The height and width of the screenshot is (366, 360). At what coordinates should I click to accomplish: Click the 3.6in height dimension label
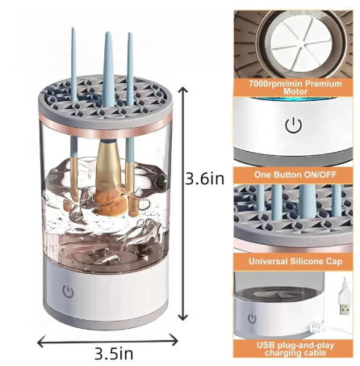[x=205, y=179]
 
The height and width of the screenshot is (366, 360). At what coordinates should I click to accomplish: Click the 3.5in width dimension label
[x=114, y=353]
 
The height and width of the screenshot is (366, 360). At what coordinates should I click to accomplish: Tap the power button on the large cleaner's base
[x=68, y=292]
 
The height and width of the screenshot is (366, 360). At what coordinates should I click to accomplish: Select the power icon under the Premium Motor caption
[x=293, y=125]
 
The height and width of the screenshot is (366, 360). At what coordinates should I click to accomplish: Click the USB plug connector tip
[x=345, y=309]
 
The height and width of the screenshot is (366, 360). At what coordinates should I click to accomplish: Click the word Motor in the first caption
[x=295, y=91]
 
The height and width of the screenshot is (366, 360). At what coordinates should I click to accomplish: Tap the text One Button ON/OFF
[x=295, y=175]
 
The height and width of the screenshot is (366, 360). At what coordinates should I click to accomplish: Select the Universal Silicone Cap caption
[x=295, y=261]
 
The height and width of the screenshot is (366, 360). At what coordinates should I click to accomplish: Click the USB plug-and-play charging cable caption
[x=295, y=349]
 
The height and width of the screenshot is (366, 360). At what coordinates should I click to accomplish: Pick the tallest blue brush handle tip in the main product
[x=108, y=33]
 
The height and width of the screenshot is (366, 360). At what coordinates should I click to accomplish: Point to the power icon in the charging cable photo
[x=252, y=318]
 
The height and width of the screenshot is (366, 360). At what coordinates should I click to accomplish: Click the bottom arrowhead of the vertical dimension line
[x=183, y=317]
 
